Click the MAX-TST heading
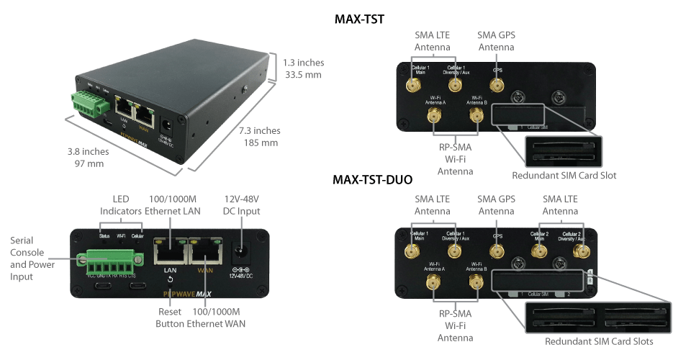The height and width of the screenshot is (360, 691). click(359, 19)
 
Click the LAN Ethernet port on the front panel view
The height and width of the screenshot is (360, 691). click(170, 253)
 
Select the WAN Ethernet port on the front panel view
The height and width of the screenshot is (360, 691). click(206, 253)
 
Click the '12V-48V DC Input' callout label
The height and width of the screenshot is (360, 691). click(240, 204)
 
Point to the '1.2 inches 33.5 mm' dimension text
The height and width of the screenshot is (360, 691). click(302, 68)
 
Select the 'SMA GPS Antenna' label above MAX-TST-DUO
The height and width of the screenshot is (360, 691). click(497, 204)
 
